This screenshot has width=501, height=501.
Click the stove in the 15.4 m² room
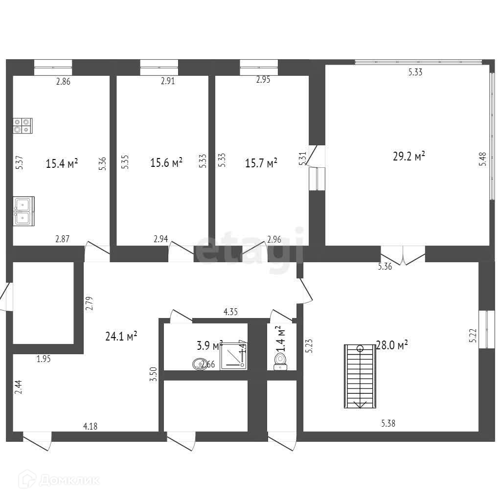point(23,126)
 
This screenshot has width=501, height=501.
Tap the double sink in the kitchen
point(23,211)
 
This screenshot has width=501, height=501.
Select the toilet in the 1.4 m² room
point(280,363)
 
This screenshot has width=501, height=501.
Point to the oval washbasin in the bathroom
point(200,364)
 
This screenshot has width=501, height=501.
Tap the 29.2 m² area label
point(409,157)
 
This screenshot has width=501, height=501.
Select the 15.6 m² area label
point(166,162)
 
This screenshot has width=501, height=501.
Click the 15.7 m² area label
point(261,163)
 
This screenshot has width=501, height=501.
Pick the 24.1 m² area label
point(121,336)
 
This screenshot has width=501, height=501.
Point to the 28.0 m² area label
point(392,345)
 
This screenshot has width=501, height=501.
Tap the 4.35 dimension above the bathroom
point(230,312)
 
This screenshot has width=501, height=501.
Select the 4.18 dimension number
point(90,426)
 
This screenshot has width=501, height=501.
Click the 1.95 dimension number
point(44,359)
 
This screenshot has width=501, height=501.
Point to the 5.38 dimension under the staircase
point(388,424)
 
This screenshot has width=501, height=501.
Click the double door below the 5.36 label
point(403,254)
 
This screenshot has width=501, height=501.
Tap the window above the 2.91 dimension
point(159,67)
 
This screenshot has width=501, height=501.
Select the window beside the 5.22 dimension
point(483,329)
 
